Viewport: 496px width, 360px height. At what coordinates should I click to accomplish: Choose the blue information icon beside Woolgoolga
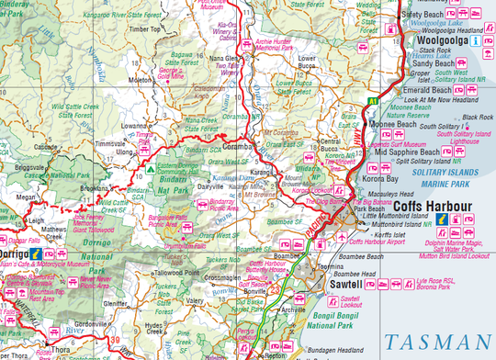(x=475, y=41)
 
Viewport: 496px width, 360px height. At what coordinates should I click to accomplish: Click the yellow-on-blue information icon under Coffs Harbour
(x=441, y=221)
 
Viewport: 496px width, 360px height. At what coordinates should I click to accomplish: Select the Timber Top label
(x=144, y=29)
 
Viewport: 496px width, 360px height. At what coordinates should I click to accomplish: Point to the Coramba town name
(x=237, y=145)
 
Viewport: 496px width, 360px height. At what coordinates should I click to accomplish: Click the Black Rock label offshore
(x=479, y=118)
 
